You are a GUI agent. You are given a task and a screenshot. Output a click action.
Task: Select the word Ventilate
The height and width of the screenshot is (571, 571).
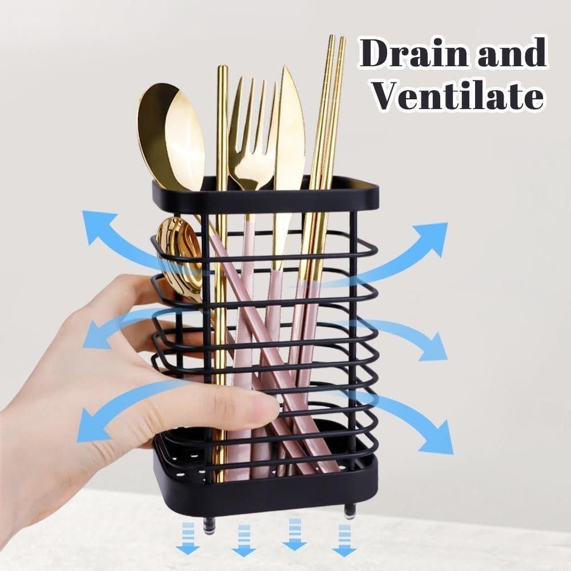(x=459, y=95)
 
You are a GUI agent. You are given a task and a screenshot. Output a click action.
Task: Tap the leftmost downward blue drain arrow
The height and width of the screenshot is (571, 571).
(x=188, y=539)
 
